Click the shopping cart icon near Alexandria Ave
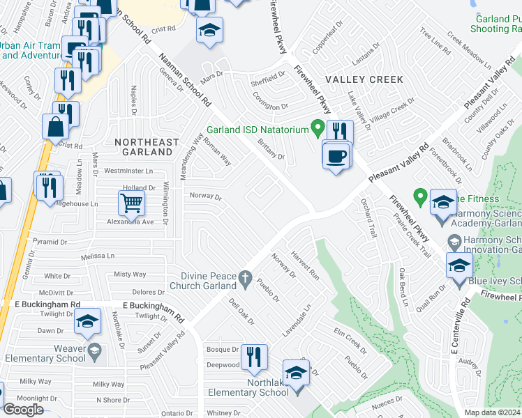click(131, 203)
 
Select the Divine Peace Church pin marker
click(245, 279)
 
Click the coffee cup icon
click(336, 153)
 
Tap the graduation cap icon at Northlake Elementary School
click(296, 373)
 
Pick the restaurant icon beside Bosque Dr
click(254, 357)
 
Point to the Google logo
click(24, 409)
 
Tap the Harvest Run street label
click(305, 265)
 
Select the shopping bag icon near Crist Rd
click(54, 127)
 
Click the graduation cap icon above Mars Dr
click(208, 31)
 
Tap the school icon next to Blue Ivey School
click(459, 265)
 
